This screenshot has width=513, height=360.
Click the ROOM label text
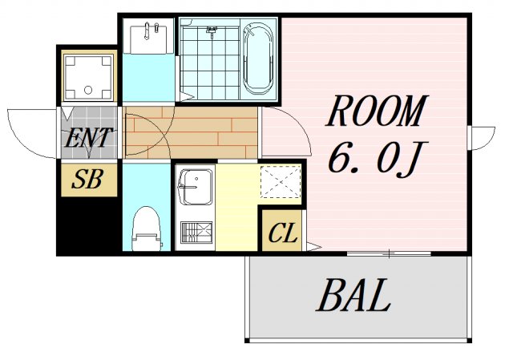click(x=376, y=111)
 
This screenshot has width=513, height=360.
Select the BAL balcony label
click(x=353, y=295)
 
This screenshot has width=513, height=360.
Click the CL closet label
click(x=282, y=233)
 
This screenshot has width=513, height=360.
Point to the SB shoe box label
click(x=87, y=179)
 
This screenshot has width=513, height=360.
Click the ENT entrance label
click(x=88, y=138)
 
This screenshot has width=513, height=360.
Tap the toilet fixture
click(x=147, y=229)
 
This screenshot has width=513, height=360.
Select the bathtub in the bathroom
click(x=258, y=59)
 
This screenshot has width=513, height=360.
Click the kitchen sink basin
click(x=196, y=187)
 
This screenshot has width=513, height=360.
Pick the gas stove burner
click(x=196, y=233)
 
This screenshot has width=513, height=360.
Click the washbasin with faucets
click(x=148, y=37)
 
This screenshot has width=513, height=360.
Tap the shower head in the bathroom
click(x=212, y=31)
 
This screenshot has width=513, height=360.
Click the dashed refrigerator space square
click(x=281, y=182)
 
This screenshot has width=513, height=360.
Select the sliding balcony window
click(x=389, y=253)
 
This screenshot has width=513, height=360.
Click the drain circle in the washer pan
click(x=88, y=90)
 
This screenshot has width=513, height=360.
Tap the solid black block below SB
click(x=88, y=226)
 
